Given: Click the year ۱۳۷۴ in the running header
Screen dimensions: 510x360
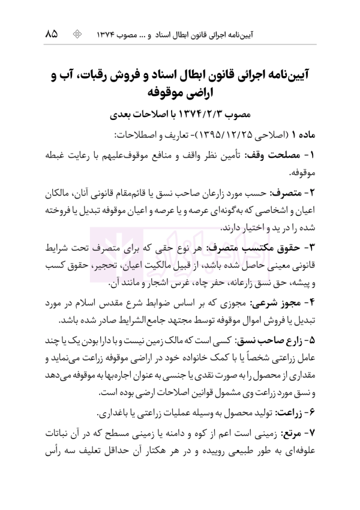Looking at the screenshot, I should coord(112,34).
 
